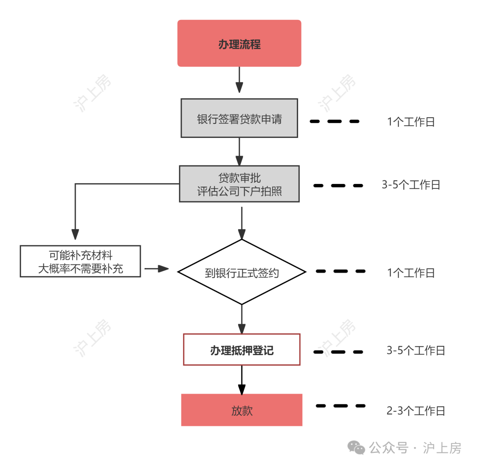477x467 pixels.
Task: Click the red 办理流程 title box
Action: click(239, 43)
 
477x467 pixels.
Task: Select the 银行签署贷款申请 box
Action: click(239, 118)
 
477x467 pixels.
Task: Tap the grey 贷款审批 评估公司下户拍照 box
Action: click(239, 184)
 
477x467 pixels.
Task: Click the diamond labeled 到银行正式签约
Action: click(241, 272)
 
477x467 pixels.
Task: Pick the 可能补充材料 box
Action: click(80, 261)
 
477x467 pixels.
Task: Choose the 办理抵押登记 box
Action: click(242, 349)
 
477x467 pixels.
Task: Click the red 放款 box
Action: click(242, 410)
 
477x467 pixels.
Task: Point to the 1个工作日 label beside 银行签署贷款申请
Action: click(411, 122)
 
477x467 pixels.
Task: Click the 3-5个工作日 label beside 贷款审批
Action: click(411, 185)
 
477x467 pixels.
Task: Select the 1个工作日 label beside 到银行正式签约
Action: click(411, 273)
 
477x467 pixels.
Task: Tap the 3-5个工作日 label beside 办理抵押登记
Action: click(416, 351)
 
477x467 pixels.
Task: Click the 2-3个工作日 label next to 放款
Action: click(416, 411)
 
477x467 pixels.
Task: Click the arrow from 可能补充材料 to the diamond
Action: click(157, 268)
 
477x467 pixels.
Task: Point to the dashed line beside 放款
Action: click(341, 406)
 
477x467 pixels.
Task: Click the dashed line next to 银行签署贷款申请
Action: click(334, 121)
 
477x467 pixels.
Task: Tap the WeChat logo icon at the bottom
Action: click(356, 448)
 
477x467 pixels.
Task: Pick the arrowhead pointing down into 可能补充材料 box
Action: click(76, 235)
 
